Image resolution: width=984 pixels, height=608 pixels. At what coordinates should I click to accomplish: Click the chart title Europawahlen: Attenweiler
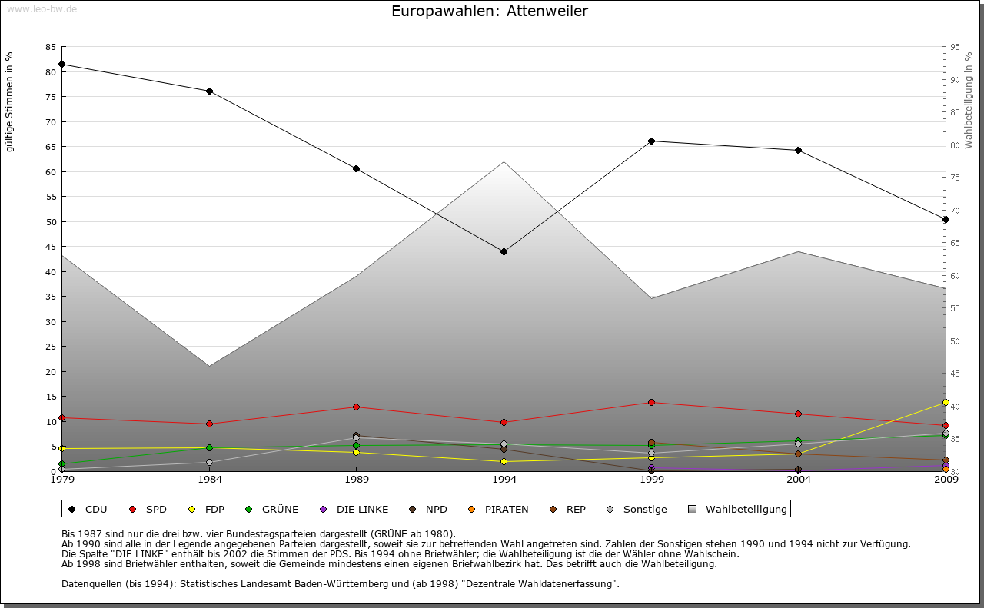(490, 11)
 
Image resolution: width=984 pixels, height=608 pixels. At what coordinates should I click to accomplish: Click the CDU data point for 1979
(61, 64)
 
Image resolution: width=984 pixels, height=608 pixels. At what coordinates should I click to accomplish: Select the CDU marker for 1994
(504, 251)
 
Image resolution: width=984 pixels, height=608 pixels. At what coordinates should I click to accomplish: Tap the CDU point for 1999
(651, 141)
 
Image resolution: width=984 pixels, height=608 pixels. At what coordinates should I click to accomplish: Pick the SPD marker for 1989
(356, 407)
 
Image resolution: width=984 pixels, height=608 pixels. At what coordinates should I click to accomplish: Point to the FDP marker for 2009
(946, 402)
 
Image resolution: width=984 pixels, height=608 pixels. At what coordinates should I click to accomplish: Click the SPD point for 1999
(651, 402)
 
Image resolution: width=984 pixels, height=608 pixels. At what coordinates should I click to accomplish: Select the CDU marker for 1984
(209, 91)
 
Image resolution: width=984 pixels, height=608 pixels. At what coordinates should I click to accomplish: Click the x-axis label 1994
(504, 480)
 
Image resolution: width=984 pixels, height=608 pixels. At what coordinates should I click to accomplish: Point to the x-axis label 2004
(799, 480)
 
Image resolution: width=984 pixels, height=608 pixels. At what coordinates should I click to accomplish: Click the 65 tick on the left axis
(50, 147)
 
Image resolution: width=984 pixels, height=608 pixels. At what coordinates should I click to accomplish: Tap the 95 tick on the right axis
(955, 47)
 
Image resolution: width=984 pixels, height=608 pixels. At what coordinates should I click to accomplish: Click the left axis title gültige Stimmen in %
(10, 101)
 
